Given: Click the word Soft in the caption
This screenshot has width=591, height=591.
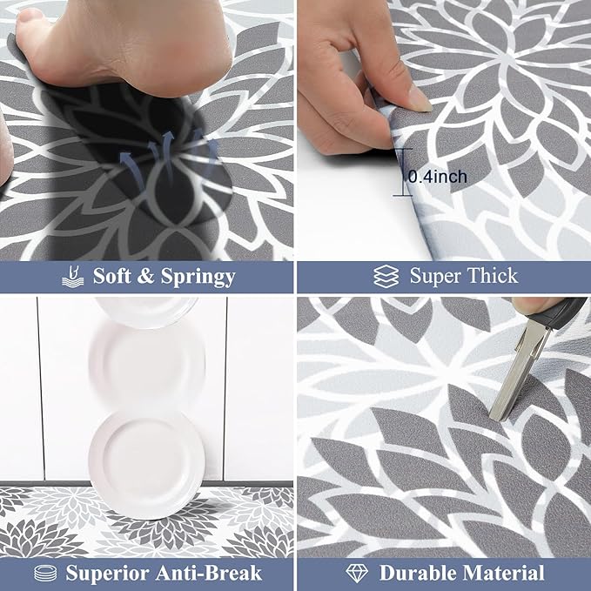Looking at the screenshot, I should (113, 277).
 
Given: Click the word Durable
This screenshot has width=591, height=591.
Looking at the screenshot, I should (421, 573).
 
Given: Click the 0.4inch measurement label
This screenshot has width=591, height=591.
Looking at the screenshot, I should (438, 177).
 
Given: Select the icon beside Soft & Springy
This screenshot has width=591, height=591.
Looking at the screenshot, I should (73, 277).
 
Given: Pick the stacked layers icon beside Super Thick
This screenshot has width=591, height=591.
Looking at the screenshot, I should (386, 277).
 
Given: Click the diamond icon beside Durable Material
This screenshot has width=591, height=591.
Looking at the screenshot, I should (357, 573).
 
